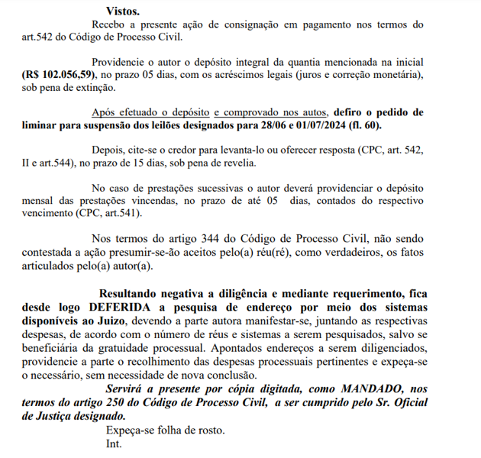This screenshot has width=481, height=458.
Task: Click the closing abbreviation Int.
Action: (114, 443)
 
